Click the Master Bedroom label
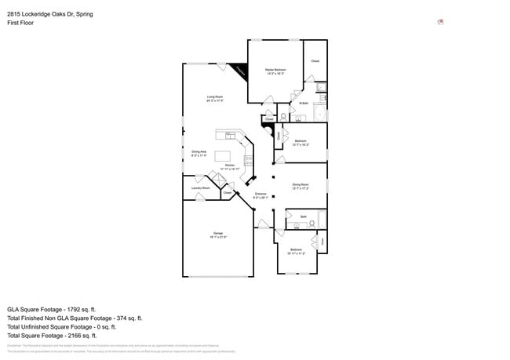click(x=275, y=70)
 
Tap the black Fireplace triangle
click(x=241, y=71)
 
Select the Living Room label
click(x=215, y=97)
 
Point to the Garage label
click(x=217, y=234)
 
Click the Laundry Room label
click(x=201, y=187)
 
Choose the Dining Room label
click(x=301, y=185)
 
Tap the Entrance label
click(x=261, y=194)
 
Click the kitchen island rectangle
click(x=223, y=155)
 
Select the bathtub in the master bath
click(x=319, y=114)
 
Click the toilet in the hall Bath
click(x=313, y=224)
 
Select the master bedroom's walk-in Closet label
click(x=315, y=61)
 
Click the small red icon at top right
click(x=440, y=21)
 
